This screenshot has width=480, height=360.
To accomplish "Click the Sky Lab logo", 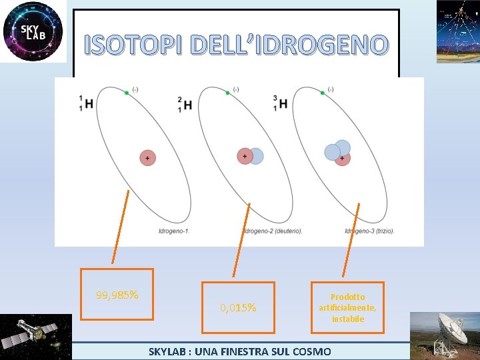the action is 33,31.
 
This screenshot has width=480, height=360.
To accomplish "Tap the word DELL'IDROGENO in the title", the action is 288,45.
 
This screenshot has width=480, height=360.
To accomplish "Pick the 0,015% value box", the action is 238,307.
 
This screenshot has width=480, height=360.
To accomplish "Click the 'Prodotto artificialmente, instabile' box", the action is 347,307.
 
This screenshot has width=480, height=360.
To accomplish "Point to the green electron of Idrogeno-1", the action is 126,93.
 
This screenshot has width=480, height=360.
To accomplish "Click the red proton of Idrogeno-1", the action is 147,157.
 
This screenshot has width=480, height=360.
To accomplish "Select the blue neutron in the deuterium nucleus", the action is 256,156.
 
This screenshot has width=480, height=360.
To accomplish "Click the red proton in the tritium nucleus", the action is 342,159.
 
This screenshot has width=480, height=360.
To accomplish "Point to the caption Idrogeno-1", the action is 174,231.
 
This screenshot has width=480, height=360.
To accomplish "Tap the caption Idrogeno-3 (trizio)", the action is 369,231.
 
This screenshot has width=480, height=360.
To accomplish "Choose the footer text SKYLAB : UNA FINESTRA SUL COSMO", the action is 239,351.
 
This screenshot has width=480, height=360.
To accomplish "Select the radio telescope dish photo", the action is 445,336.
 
